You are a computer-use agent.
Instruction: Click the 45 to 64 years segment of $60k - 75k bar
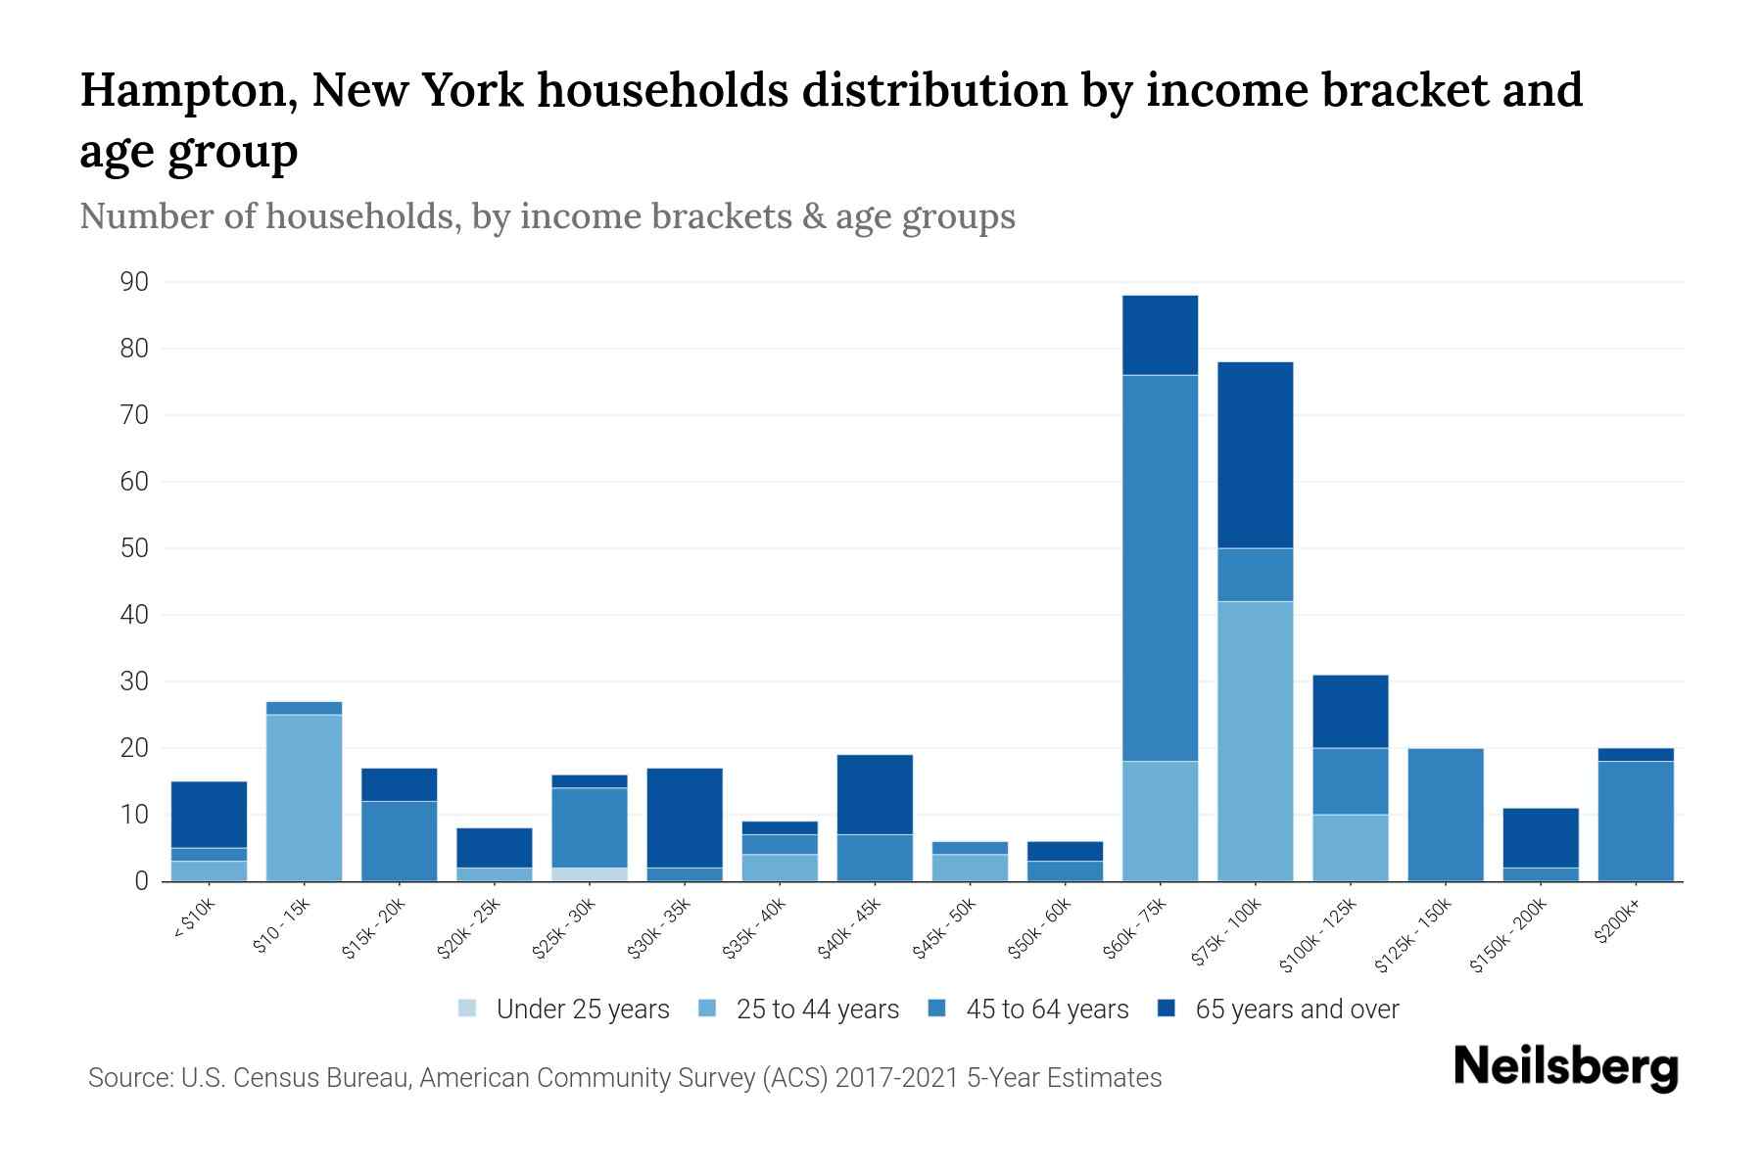(x=1160, y=568)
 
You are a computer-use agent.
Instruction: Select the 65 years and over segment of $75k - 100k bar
(x=1255, y=455)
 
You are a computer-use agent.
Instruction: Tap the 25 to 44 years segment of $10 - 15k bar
(x=304, y=798)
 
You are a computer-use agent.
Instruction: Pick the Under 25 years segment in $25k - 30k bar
(x=590, y=874)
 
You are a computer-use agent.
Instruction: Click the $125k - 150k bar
(x=1445, y=815)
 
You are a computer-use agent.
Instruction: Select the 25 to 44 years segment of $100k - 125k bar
(x=1350, y=848)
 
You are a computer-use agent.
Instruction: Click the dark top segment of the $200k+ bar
(x=1635, y=755)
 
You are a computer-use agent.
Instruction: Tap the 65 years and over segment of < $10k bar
(x=209, y=815)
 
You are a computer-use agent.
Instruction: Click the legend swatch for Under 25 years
(x=468, y=1009)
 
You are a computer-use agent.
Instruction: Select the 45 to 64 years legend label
(x=1046, y=1010)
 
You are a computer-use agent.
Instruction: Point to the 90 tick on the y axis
(x=134, y=283)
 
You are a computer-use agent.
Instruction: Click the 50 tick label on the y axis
(x=134, y=548)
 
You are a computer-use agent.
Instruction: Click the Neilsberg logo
(x=1565, y=1067)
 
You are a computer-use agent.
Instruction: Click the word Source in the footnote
(x=127, y=1078)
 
